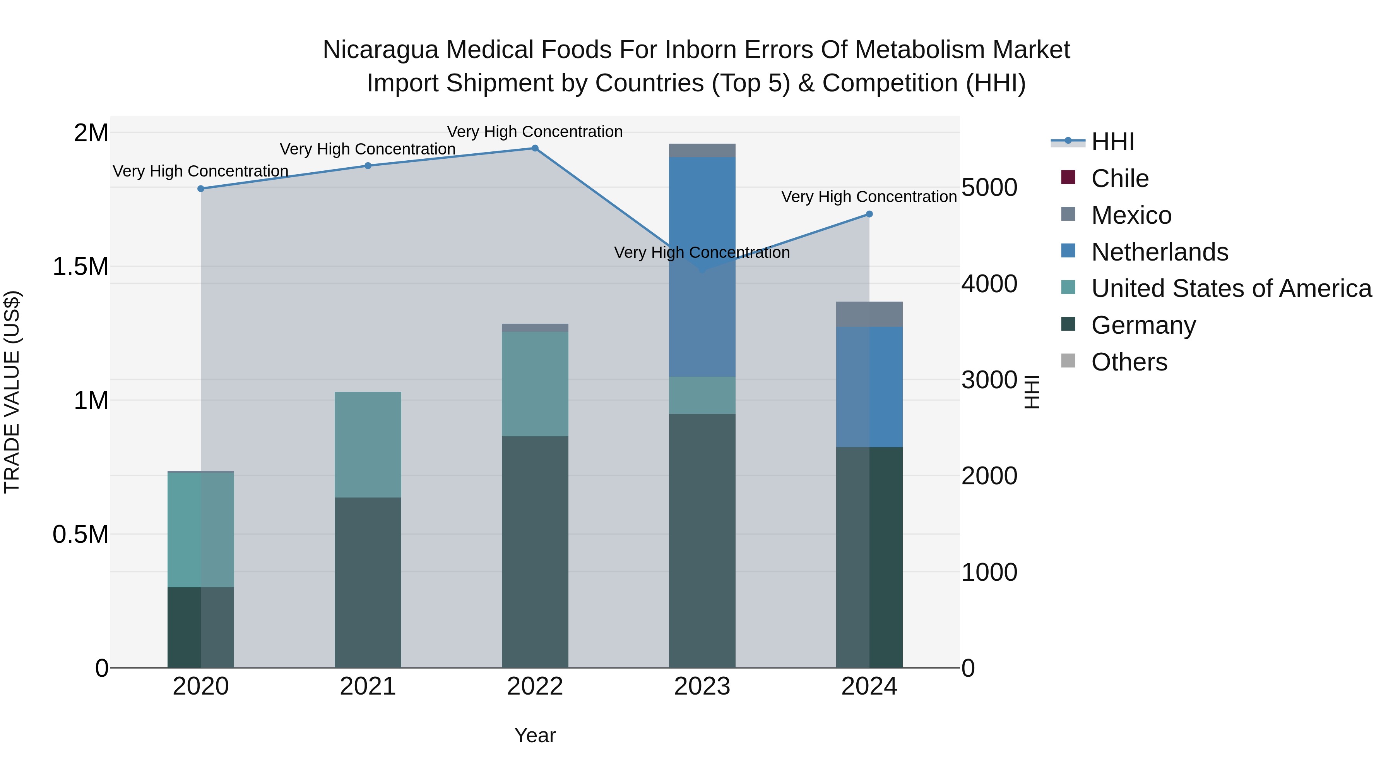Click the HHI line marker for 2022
click(x=535, y=148)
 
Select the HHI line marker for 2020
click(x=200, y=189)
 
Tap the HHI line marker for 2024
click(x=869, y=214)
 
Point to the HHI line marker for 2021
click(x=368, y=166)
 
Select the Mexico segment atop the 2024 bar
click(x=869, y=314)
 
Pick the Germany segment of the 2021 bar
click(x=368, y=582)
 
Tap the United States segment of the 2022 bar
click(x=535, y=384)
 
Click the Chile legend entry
click(x=1119, y=178)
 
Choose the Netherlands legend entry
click(x=1159, y=252)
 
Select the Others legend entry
click(x=1129, y=362)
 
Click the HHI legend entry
click(x=1112, y=142)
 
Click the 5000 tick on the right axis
click(x=989, y=188)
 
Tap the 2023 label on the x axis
click(x=702, y=686)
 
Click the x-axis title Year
click(x=535, y=735)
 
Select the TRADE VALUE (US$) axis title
click(x=12, y=392)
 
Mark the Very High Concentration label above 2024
click(x=869, y=197)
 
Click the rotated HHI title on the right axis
click(x=1031, y=392)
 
